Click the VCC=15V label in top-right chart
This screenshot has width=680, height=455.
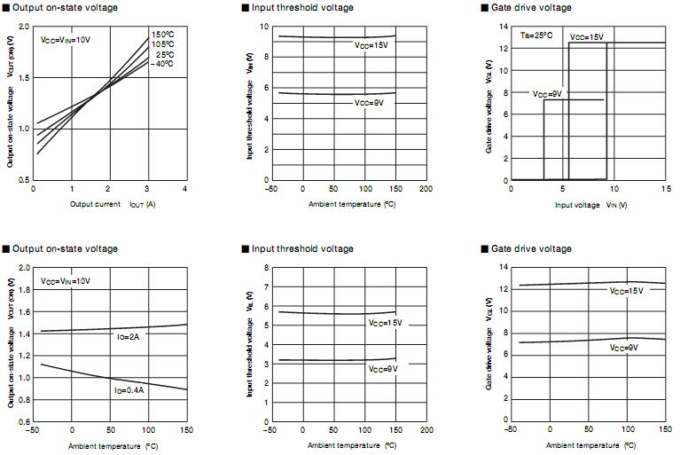pos(586,37)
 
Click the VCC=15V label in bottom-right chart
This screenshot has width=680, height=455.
pos(627,292)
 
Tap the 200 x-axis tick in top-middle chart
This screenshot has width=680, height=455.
pos(426,190)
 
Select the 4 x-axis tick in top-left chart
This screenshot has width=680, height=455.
pos(185,190)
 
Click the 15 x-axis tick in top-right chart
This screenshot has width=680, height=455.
pos(665,190)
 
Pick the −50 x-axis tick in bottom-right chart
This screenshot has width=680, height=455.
pos(510,430)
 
